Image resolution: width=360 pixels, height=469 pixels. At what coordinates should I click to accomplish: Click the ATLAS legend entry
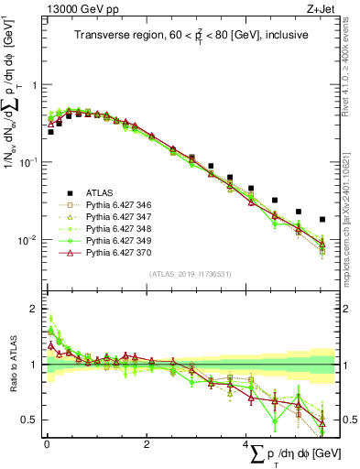coord(101,192)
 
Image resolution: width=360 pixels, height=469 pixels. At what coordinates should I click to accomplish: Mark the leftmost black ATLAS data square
coord(50,132)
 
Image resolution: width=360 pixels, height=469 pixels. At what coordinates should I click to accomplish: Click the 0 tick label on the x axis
coord(47,445)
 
